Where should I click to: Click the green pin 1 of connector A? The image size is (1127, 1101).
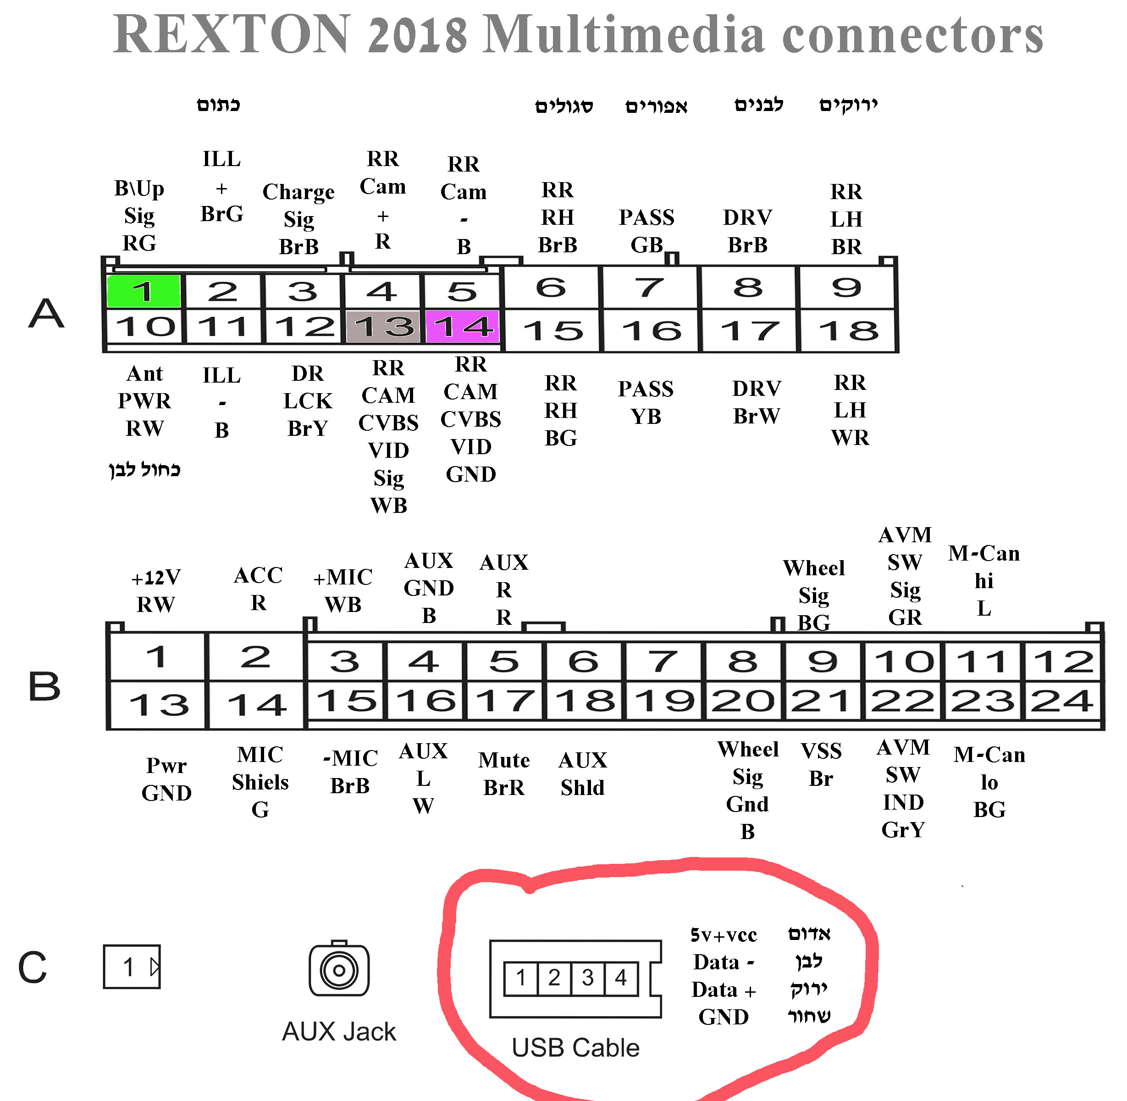click(x=144, y=291)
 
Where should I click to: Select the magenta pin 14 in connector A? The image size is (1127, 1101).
click(x=462, y=327)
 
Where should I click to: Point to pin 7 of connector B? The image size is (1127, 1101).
click(x=663, y=661)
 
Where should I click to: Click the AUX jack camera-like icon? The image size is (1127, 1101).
click(x=339, y=969)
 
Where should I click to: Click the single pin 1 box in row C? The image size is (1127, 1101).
click(x=132, y=967)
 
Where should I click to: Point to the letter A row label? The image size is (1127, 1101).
click(x=46, y=313)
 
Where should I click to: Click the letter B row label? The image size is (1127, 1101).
click(x=44, y=686)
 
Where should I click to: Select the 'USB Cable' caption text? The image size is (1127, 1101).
click(x=575, y=1048)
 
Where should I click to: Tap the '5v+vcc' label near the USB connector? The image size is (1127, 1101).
click(x=724, y=935)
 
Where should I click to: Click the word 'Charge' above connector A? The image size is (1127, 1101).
click(x=298, y=192)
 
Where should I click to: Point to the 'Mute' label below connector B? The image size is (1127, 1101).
click(x=504, y=760)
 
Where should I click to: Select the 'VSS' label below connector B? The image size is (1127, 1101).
click(x=821, y=751)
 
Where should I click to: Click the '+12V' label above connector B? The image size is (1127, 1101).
click(x=156, y=577)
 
